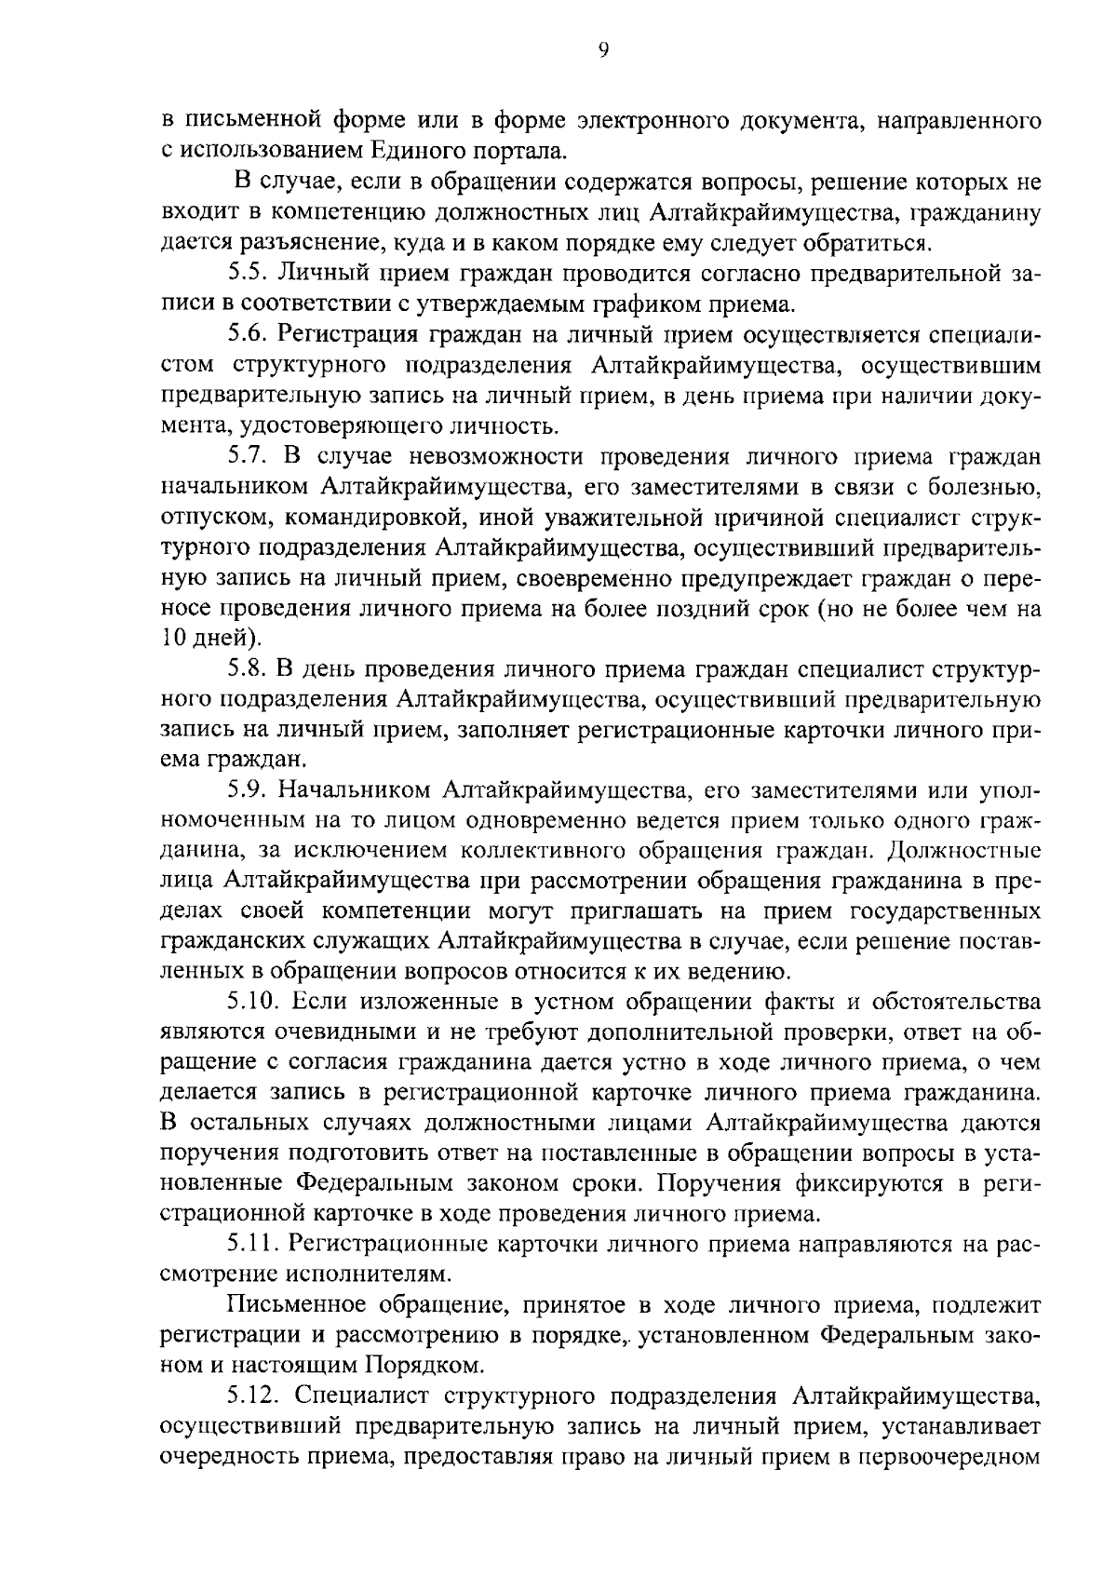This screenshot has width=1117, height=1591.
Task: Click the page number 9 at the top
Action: pyautogui.click(x=602, y=52)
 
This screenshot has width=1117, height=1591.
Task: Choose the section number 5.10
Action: pyautogui.click(x=254, y=1002)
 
